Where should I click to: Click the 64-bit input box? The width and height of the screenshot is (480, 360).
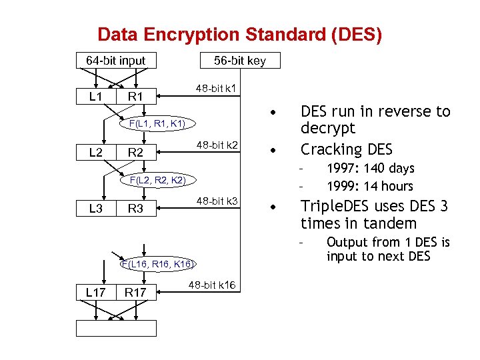[116, 61]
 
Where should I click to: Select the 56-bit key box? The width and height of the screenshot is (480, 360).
[240, 61]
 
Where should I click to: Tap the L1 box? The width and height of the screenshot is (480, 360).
[95, 97]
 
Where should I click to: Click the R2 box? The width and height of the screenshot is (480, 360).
[135, 153]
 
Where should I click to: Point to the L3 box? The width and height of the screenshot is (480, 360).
[95, 209]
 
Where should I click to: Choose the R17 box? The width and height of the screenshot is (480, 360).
[135, 291]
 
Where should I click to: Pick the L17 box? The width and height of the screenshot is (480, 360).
[95, 291]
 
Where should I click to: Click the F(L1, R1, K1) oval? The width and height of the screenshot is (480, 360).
[157, 123]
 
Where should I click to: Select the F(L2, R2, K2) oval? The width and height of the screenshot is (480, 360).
[157, 180]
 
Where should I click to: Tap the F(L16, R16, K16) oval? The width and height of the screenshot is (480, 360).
[157, 264]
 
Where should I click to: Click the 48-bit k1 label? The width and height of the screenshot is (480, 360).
[219, 89]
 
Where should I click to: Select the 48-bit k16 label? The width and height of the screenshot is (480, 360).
[212, 285]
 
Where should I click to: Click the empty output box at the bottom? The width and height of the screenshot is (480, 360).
[116, 328]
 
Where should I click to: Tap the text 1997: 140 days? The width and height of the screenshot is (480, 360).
[370, 169]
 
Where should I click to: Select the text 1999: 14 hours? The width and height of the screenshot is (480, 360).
[370, 187]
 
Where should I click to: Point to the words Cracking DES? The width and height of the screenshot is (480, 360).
[347, 149]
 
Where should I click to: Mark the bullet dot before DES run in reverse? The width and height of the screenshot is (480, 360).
[272, 111]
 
